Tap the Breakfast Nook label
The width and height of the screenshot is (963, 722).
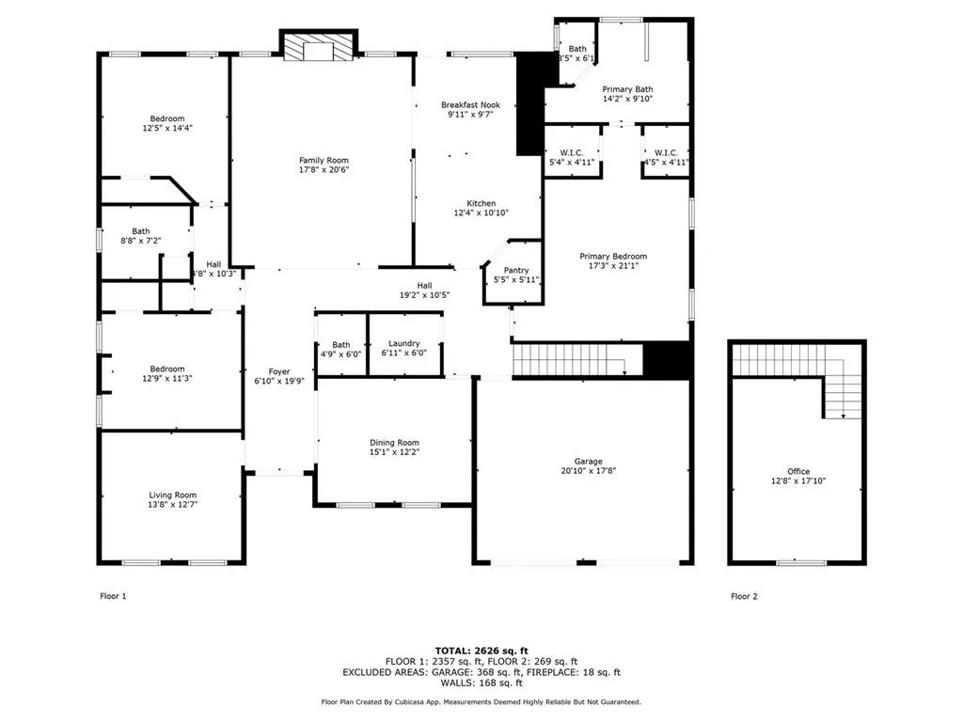pos(470,105)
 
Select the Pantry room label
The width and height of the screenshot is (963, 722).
pos(515,271)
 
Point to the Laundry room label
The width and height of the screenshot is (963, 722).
pos(403,344)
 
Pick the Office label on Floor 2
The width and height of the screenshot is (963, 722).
pos(797,472)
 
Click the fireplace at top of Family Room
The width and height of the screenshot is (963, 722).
pos(319,47)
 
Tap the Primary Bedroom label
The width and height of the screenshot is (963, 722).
pos(613,257)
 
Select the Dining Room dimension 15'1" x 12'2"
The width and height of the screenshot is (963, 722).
pos(394,452)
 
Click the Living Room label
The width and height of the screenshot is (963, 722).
pos(173,494)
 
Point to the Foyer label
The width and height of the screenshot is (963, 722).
pos(278,371)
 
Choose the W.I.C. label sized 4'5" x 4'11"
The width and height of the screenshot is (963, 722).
pos(666,152)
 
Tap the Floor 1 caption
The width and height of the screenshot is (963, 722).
pos(113,596)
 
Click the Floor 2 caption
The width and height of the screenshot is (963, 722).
pos(744,596)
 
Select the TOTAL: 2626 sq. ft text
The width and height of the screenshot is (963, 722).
pos(481,651)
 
